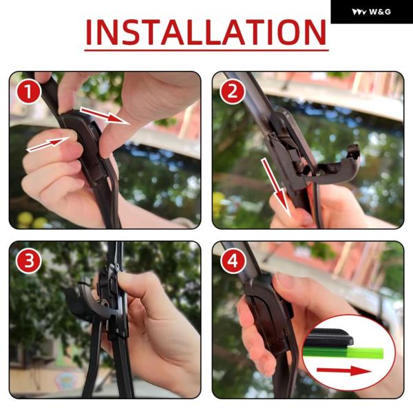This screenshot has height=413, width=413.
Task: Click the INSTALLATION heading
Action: point(206,32)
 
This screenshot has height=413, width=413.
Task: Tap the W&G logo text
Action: point(379,12)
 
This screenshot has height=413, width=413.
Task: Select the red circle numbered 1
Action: point(28,92)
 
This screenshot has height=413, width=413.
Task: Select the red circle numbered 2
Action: point(233,92)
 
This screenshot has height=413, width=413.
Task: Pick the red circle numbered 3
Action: point(28,261)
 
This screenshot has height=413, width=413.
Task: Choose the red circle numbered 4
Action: point(233,261)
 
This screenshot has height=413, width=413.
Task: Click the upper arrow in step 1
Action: point(105,115)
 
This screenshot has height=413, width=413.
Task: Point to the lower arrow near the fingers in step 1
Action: point(48,144)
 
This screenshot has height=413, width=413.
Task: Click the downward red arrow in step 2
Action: point(276,187)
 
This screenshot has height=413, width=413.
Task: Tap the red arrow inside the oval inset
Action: point(344,371)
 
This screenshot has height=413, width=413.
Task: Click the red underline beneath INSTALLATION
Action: point(206,50)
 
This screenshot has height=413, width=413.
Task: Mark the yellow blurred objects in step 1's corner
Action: point(31,220)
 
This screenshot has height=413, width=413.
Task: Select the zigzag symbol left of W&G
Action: point(359,12)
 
